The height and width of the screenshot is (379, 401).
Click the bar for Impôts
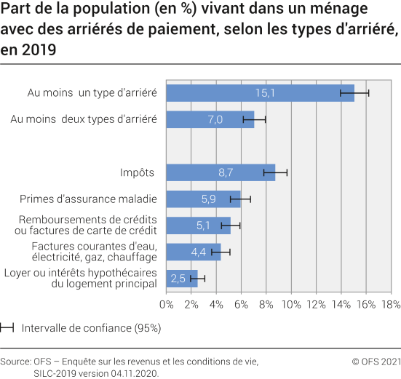pyautogui.click(x=221, y=172)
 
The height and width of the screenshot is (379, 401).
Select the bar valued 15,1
pyautogui.click(x=260, y=93)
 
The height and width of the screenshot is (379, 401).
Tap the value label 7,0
pyautogui.click(x=215, y=119)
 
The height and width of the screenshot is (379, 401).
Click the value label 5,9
pyautogui.click(x=208, y=199)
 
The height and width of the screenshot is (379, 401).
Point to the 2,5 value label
pyautogui.click(x=178, y=278)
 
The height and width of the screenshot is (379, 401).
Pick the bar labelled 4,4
pyautogui.click(x=194, y=252)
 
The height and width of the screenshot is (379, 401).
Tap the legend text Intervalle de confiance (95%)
pyautogui.click(x=91, y=328)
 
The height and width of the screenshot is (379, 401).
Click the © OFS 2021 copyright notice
pyautogui.click(x=376, y=362)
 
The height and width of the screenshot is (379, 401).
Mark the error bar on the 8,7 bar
pyautogui.click(x=275, y=172)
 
